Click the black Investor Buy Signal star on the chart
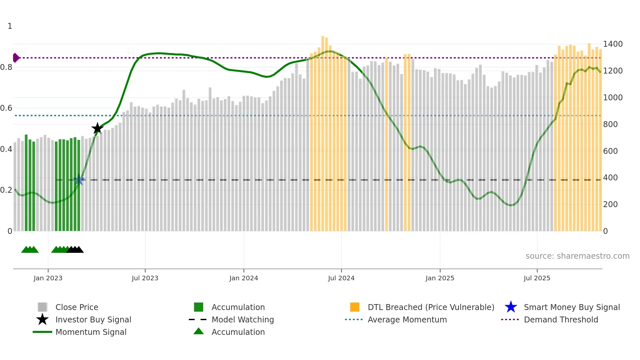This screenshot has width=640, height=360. click(97, 128)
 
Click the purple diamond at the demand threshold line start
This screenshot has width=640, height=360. click(16, 58)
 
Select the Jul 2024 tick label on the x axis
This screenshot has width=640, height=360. click(341, 278)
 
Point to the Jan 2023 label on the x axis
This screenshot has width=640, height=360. click(48, 278)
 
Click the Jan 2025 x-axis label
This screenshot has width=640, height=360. click(440, 278)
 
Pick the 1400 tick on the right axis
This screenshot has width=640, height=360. click(613, 44)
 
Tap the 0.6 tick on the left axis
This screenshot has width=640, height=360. click(6, 108)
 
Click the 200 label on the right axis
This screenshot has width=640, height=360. click(610, 205)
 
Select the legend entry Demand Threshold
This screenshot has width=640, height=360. click(561, 319)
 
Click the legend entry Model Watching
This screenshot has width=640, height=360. click(242, 319)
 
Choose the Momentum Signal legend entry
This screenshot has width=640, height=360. click(91, 332)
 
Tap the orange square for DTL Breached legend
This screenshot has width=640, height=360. click(355, 307)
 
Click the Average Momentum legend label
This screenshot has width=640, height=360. click(407, 319)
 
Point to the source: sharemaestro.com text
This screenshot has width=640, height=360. click(577, 256)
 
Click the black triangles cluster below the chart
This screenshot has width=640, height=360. click(75, 250)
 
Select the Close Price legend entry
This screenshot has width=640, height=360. click(77, 307)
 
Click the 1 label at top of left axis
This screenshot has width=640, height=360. click(10, 26)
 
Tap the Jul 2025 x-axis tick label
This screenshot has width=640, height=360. click(537, 278)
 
